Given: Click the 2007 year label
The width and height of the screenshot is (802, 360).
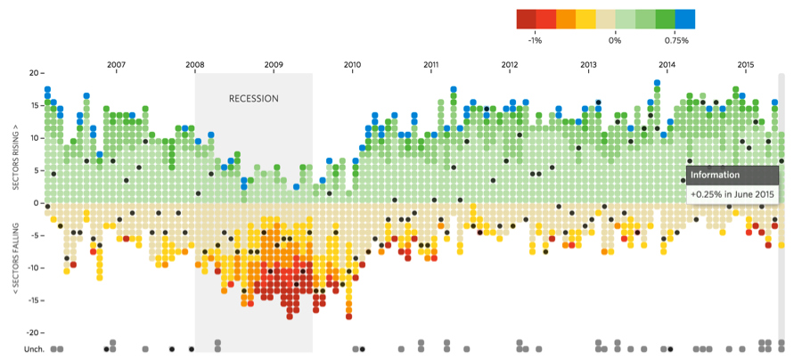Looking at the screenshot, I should (x=117, y=64).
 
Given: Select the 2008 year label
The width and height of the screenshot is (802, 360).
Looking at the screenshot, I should (x=195, y=64).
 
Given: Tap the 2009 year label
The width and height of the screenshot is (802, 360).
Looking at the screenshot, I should (x=274, y=64).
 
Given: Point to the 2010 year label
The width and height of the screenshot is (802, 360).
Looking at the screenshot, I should (x=352, y=64).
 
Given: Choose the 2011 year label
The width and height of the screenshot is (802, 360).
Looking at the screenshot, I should (x=431, y=64).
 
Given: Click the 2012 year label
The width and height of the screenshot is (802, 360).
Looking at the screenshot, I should (x=510, y=64).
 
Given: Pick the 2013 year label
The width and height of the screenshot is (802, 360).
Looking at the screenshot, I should (x=588, y=64).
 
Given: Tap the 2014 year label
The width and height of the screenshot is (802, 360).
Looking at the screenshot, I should (x=667, y=64).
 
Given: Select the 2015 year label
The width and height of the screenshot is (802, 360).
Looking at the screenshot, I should (x=746, y=64).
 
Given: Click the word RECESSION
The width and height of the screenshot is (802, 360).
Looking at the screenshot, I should (x=254, y=99).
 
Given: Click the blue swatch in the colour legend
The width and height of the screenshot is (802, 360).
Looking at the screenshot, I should (x=685, y=19).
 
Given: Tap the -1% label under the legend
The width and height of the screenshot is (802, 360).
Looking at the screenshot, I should (x=536, y=40).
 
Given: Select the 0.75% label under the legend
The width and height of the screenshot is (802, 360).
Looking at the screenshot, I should (x=676, y=40).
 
